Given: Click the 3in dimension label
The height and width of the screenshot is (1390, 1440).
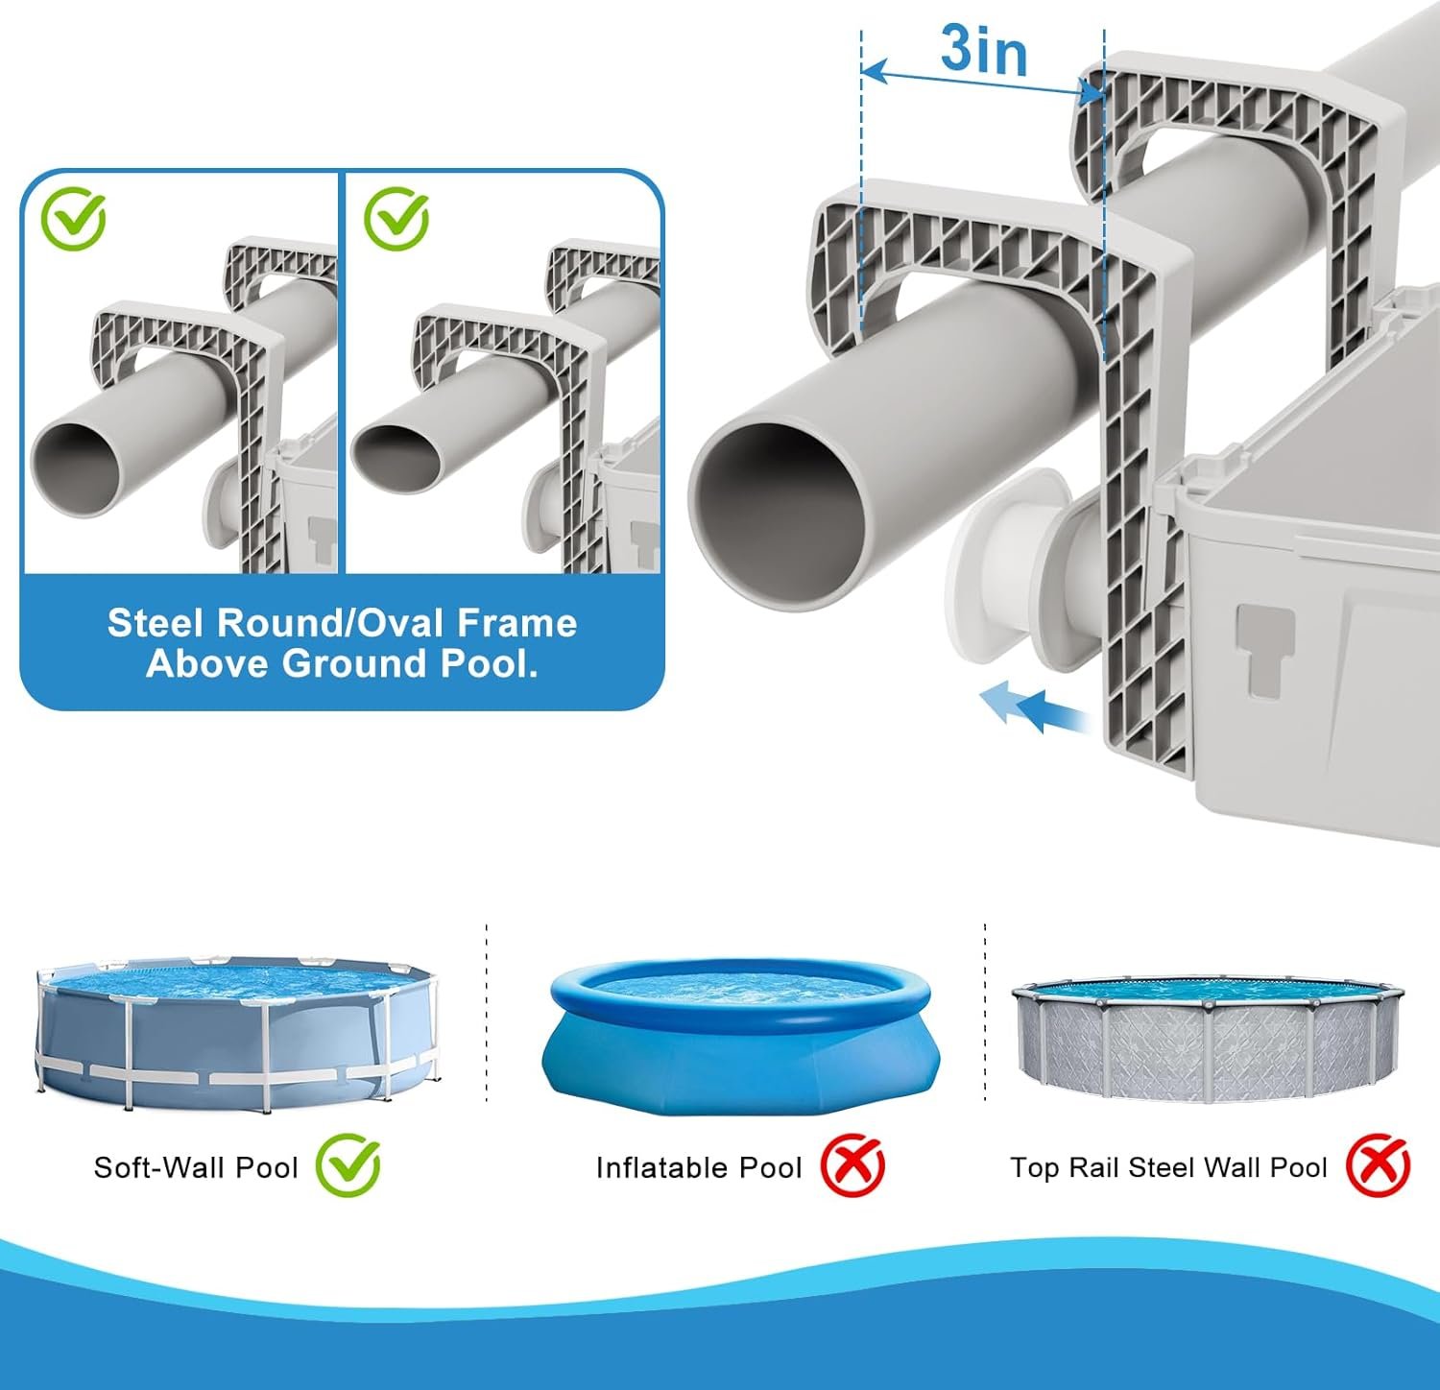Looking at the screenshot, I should tap(983, 50).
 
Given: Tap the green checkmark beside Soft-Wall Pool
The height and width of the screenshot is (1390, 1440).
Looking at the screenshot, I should tap(348, 1164).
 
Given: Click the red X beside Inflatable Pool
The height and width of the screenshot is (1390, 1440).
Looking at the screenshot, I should tap(852, 1165).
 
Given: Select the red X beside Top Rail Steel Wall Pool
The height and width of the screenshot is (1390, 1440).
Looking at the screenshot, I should tap(1378, 1165).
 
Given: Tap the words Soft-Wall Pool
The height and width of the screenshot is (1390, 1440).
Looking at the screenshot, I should tap(196, 1167).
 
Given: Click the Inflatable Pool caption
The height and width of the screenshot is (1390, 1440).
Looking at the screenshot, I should tap(698, 1167).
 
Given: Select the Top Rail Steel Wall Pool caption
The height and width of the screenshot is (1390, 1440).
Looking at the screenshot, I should tap(1167, 1167).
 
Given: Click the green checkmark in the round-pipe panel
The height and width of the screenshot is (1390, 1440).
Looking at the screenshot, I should tap(73, 219).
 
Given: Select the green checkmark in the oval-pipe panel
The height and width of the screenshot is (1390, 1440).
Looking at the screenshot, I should tap(396, 219).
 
